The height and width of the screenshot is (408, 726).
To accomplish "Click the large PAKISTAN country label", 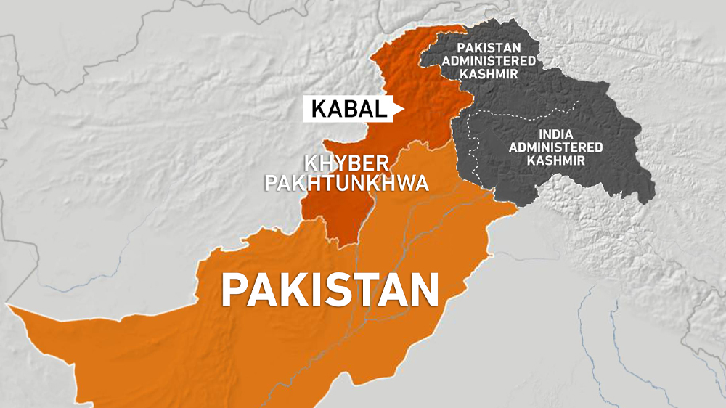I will (x=330, y=289).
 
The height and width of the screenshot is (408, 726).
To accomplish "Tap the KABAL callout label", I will (x=348, y=110).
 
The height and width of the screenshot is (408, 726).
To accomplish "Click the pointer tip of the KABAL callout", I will (x=403, y=110).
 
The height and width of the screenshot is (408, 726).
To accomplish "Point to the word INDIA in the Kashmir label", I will (x=555, y=134).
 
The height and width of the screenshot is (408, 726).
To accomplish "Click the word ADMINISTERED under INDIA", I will (x=555, y=147).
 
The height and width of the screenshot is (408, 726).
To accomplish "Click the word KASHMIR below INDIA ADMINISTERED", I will (x=555, y=160).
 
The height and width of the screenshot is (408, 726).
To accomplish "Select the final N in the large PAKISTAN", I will (x=421, y=289).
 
